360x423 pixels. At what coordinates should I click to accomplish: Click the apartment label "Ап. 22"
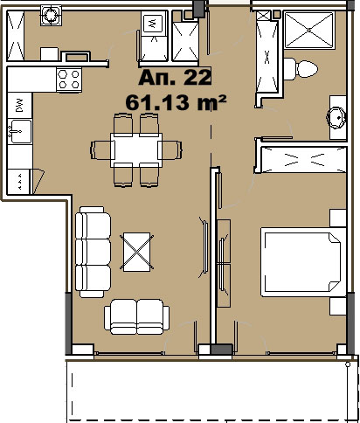(175, 78)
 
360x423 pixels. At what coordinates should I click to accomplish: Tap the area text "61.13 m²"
(176, 102)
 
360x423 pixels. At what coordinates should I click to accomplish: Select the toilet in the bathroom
(301, 69)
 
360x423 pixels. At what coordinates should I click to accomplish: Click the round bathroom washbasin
(336, 118)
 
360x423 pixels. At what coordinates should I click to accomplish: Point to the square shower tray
(309, 30)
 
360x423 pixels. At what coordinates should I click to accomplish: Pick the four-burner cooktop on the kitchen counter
(69, 80)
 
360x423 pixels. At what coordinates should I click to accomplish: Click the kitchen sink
(20, 131)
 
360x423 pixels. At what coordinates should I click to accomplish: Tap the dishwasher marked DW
(19, 105)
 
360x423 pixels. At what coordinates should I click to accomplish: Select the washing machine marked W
(153, 24)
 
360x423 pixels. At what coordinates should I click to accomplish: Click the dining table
(136, 150)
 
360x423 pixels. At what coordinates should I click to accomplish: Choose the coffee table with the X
(136, 252)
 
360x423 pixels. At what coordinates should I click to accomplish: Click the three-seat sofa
(93, 252)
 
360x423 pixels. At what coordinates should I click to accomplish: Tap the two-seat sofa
(136, 317)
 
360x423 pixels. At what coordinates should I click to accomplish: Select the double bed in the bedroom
(303, 262)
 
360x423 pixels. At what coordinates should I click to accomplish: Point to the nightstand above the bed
(338, 218)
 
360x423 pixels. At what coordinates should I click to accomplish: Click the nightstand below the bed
(338, 306)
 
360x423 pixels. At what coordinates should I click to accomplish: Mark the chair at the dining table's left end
(100, 150)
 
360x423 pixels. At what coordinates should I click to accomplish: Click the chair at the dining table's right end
(172, 150)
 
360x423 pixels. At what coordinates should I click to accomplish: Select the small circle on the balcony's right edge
(348, 364)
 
